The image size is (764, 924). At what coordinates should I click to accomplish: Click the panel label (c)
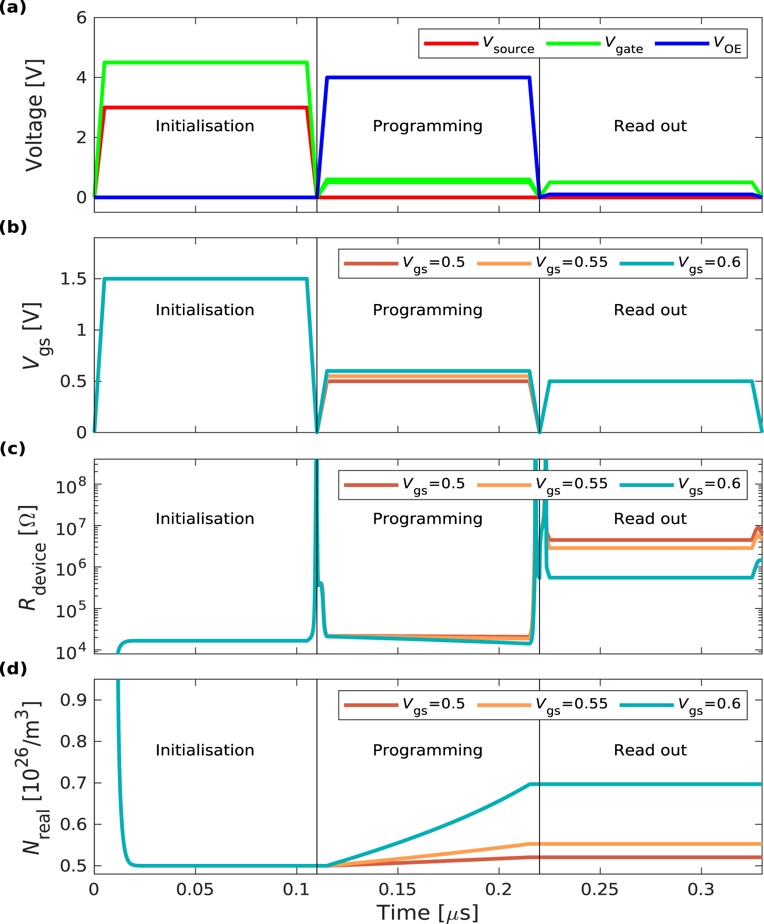pyautogui.click(x=13, y=448)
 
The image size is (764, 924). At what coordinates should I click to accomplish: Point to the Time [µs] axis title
pyautogui.click(x=427, y=912)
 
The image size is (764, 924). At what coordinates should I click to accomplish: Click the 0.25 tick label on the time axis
pyautogui.click(x=600, y=889)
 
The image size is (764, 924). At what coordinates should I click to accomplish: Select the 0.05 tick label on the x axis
pyautogui.click(x=195, y=889)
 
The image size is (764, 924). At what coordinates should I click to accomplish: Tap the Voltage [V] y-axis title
pyautogui.click(x=34, y=115)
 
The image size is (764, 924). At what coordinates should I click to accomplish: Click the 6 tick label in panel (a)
pyautogui.click(x=81, y=18)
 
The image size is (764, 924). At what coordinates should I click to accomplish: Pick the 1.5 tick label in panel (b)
pyautogui.click(x=73, y=279)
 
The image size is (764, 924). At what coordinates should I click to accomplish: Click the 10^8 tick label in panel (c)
pyautogui.click(x=71, y=486)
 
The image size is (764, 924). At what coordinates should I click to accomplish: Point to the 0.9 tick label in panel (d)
pyautogui.click(x=73, y=700)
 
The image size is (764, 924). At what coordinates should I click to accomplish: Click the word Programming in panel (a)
pyautogui.click(x=427, y=126)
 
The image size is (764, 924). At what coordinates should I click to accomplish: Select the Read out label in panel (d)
pyautogui.click(x=650, y=750)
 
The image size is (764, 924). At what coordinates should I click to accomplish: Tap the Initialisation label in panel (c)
pyautogui.click(x=205, y=518)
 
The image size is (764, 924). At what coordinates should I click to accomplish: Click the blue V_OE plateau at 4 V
pyautogui.click(x=427, y=78)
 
